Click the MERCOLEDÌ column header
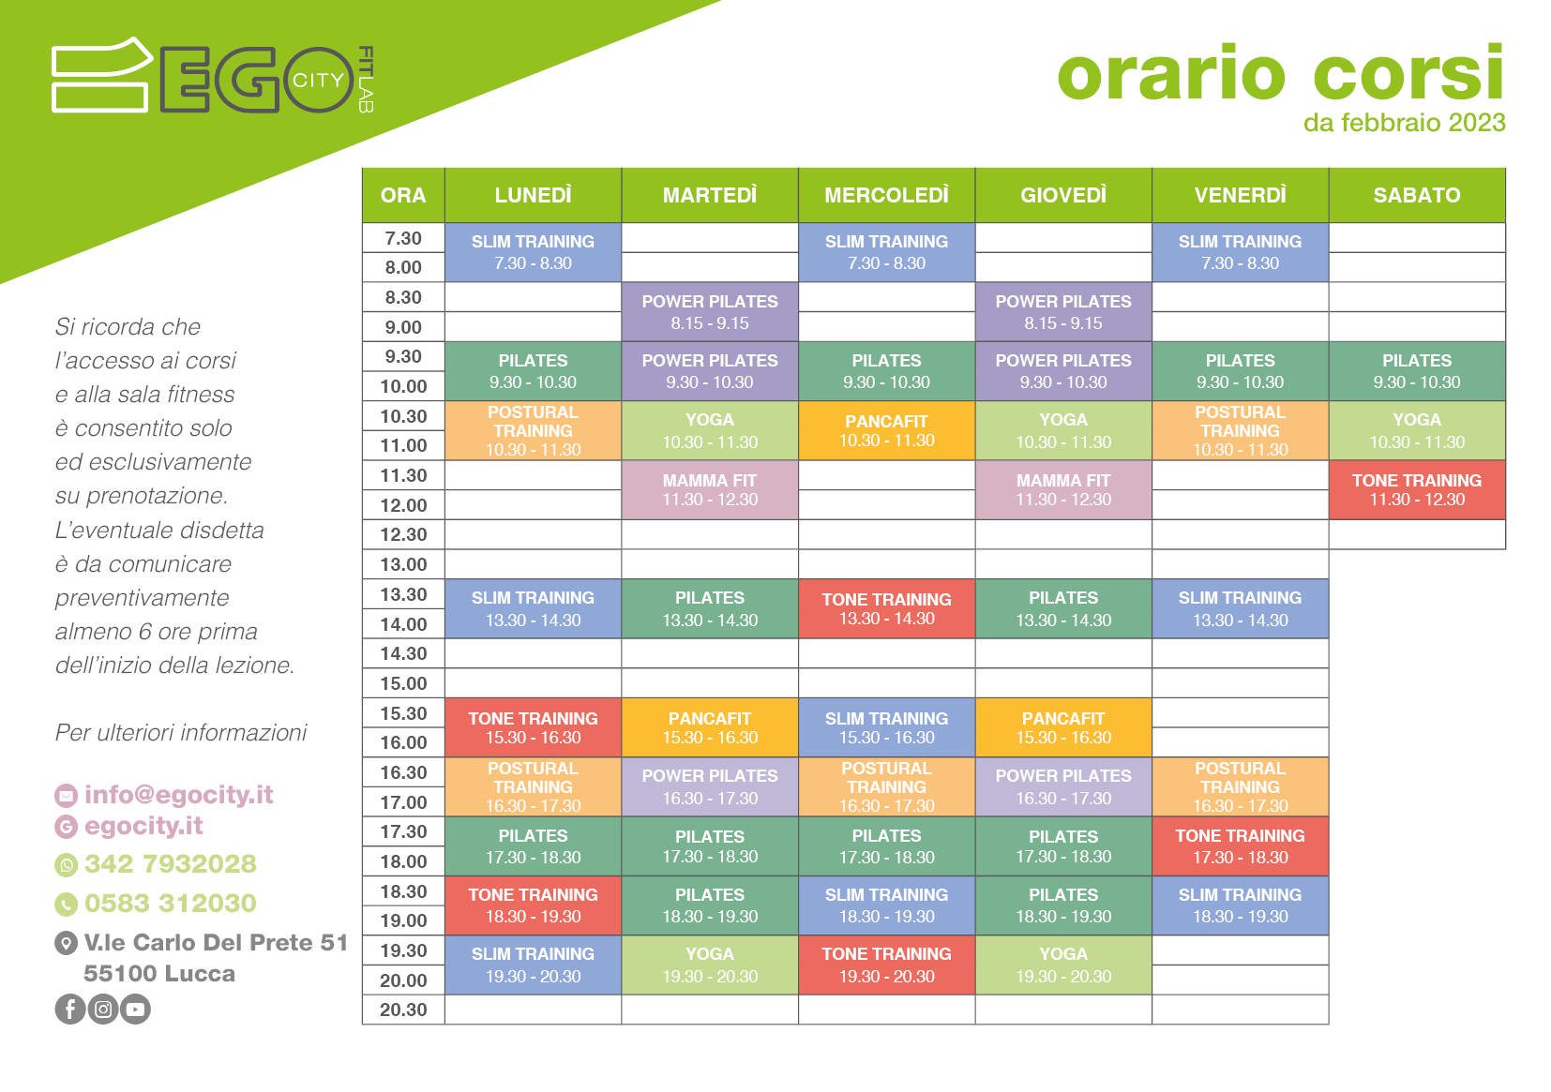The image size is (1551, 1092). [x=886, y=195]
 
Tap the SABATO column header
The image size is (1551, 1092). [x=1417, y=195]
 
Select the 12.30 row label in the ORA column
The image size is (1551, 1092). [x=403, y=534]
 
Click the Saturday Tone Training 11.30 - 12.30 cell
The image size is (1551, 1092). [x=1417, y=490]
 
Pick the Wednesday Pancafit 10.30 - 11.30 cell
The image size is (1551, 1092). [x=886, y=430]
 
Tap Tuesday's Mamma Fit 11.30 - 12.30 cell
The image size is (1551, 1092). [x=710, y=490]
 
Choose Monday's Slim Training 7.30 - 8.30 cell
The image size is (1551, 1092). [x=533, y=252]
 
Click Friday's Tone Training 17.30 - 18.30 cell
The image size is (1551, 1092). [x=1240, y=846]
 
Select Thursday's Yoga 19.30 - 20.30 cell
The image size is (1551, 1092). [x=1063, y=965]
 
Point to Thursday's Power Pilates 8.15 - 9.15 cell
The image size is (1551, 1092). [x=1063, y=311]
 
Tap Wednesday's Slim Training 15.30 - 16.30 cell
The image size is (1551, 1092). [x=886, y=727]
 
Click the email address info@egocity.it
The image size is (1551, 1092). [x=179, y=795]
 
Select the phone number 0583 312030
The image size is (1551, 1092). [x=171, y=903]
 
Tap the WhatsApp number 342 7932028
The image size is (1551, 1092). [x=171, y=863]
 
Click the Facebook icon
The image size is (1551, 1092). [x=70, y=1009]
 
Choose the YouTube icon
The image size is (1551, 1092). [x=135, y=1009]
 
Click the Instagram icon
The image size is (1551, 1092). [x=103, y=1009]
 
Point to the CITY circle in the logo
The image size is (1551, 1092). [x=319, y=80]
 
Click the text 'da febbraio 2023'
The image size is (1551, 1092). [x=1404, y=123]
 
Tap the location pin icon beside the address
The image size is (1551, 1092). [x=66, y=943]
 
